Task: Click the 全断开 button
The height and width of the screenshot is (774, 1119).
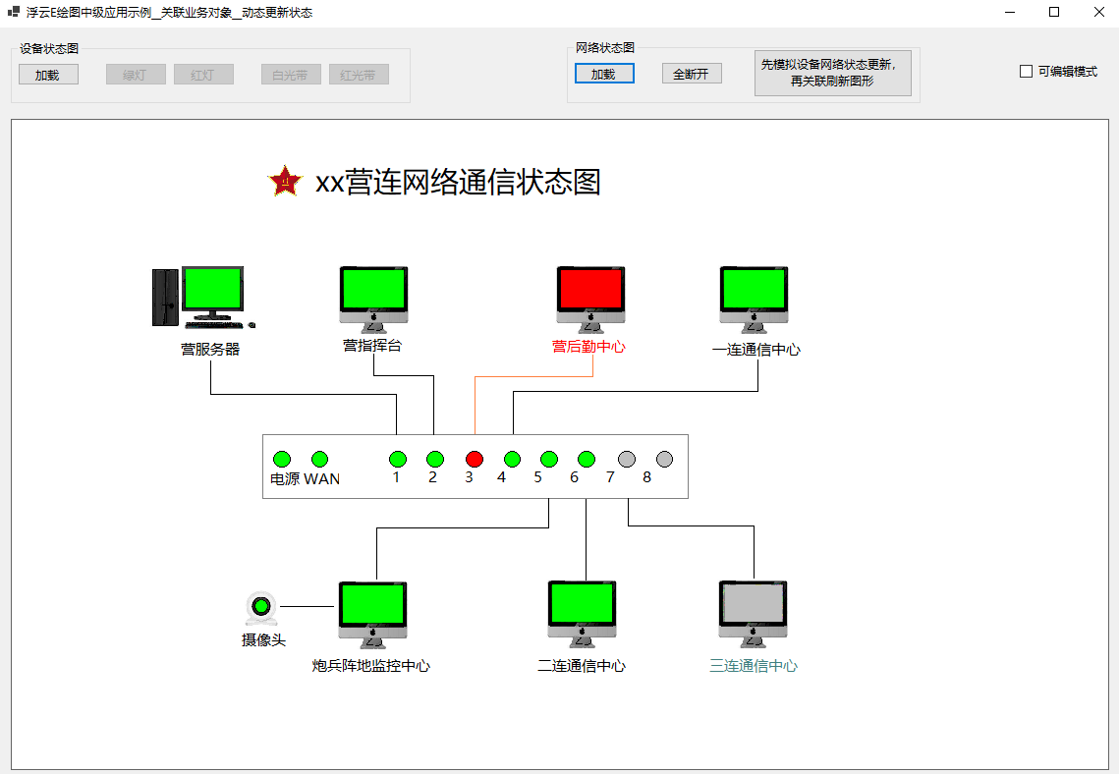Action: (692, 74)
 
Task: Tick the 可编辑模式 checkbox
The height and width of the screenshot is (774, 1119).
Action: (1027, 72)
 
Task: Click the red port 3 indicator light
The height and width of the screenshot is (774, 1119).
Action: (475, 459)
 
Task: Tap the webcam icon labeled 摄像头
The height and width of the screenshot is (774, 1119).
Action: (261, 609)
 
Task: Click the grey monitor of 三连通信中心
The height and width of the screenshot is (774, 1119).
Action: (754, 606)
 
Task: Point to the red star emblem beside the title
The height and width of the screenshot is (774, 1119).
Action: (285, 182)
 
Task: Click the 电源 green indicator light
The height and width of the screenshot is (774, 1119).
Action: (282, 459)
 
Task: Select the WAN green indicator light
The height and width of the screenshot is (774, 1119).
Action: (319, 459)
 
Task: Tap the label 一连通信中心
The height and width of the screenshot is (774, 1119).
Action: (755, 350)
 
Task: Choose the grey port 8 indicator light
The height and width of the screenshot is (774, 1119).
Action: (664, 459)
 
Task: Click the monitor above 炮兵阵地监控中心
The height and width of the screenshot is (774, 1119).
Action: (372, 606)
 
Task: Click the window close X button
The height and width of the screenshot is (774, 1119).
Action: (1098, 12)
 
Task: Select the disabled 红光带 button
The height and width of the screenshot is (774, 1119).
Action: (359, 75)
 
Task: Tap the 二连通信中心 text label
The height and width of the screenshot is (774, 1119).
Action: (582, 666)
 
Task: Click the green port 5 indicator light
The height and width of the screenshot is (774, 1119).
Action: (549, 459)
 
